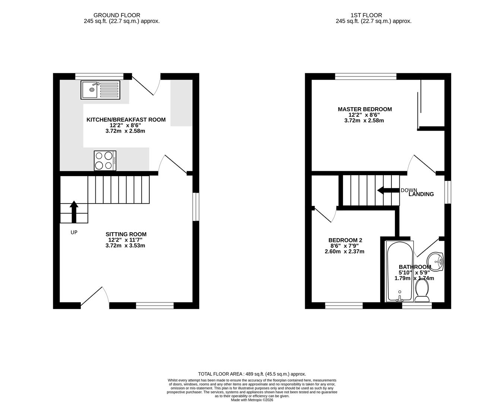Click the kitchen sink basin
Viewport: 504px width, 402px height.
90,90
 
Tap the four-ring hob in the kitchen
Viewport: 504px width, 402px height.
105,160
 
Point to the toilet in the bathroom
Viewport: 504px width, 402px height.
422,290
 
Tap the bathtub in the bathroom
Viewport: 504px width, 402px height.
400,271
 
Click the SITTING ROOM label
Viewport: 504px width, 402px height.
126,234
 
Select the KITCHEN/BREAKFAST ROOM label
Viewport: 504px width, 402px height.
126,119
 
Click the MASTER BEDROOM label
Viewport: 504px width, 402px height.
365,109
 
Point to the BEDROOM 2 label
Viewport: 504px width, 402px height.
345,240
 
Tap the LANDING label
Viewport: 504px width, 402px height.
421,194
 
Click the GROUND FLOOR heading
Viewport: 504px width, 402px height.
117,15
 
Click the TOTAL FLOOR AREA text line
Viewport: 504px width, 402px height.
252,374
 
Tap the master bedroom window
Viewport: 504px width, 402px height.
365,77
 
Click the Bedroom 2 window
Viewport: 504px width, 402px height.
344,306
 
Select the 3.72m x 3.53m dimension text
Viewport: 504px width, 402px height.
125,246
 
